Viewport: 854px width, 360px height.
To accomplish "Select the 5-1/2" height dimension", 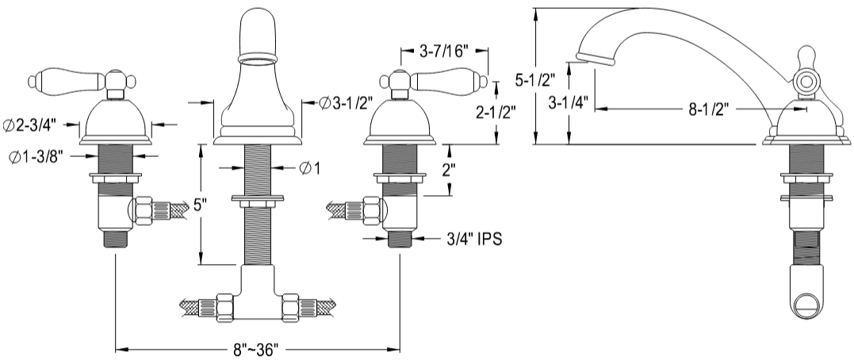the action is [x=535, y=80].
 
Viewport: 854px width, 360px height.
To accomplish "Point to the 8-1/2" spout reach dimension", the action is [x=709, y=109].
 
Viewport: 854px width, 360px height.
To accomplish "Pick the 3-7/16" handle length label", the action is [x=444, y=52].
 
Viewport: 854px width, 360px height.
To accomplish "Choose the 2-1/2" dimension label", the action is [x=496, y=112].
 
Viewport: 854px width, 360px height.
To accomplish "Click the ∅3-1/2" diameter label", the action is [x=345, y=102].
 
